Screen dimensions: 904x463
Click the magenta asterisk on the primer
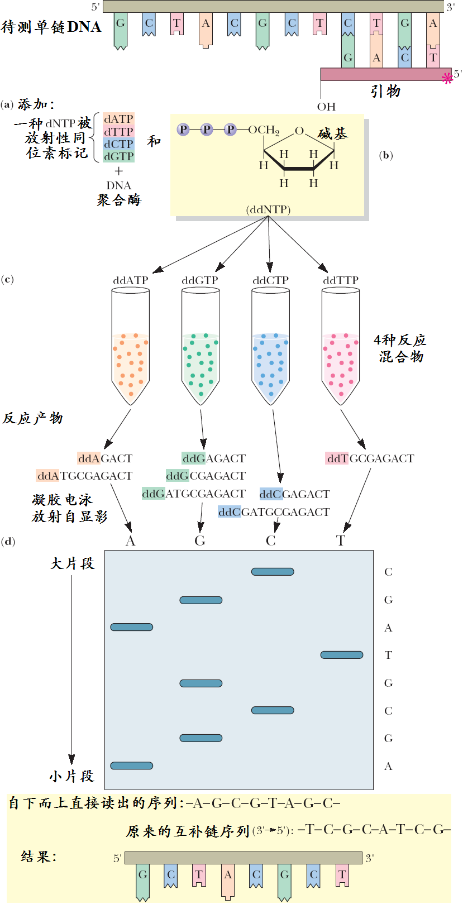coord(447,78)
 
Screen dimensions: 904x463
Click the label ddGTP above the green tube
coord(200,280)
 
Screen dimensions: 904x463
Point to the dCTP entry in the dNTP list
coord(118,144)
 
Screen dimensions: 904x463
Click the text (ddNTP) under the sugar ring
coord(268,210)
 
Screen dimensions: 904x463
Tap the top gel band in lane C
coord(273,571)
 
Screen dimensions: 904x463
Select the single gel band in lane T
coord(342,654)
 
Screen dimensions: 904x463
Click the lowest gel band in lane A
coord(132,766)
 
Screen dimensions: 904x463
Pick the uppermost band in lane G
coord(201,600)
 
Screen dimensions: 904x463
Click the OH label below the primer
coord(326,107)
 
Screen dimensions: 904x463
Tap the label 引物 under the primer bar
coord(385,91)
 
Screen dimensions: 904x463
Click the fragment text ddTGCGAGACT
coord(370,458)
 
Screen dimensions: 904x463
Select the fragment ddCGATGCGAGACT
coord(274,512)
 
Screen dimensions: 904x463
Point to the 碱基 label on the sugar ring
coord(333,133)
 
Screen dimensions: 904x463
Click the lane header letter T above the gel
coord(341,541)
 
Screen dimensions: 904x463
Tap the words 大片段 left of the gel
coord(73,563)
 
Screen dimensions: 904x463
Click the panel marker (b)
coord(385,155)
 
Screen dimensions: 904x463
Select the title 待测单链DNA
coord(51,27)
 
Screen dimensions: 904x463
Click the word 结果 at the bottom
coord(39,856)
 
